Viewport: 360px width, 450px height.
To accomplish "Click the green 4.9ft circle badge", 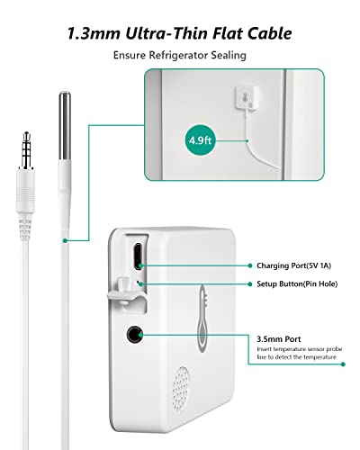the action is click(x=200, y=140).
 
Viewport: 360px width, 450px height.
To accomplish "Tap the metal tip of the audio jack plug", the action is click(x=26, y=150).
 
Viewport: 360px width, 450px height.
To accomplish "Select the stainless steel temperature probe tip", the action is click(x=65, y=125).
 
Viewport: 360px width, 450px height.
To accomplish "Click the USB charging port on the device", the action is click(x=138, y=256).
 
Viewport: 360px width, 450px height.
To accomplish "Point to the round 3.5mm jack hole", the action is click(x=134, y=334).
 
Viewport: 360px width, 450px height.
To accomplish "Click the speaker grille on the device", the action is click(x=181, y=389).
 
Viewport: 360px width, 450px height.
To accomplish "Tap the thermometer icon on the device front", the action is click(x=202, y=318).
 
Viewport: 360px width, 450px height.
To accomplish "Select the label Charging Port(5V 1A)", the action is click(x=293, y=265).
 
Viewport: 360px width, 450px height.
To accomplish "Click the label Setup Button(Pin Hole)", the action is click(x=297, y=283).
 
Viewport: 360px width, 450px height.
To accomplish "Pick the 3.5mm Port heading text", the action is click(x=278, y=339).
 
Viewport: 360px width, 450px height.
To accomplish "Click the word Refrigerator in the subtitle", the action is click(x=178, y=55).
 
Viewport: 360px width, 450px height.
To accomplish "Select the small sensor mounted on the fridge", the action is click(x=247, y=98).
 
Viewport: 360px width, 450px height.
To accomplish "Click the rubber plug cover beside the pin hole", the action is click(x=123, y=292).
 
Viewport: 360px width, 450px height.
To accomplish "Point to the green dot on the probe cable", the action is click(x=65, y=240).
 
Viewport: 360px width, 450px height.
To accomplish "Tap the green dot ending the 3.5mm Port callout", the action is click(x=344, y=364).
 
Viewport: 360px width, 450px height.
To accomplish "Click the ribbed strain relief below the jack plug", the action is click(x=25, y=228).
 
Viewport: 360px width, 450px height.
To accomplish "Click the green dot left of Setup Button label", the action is click(x=250, y=283).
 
